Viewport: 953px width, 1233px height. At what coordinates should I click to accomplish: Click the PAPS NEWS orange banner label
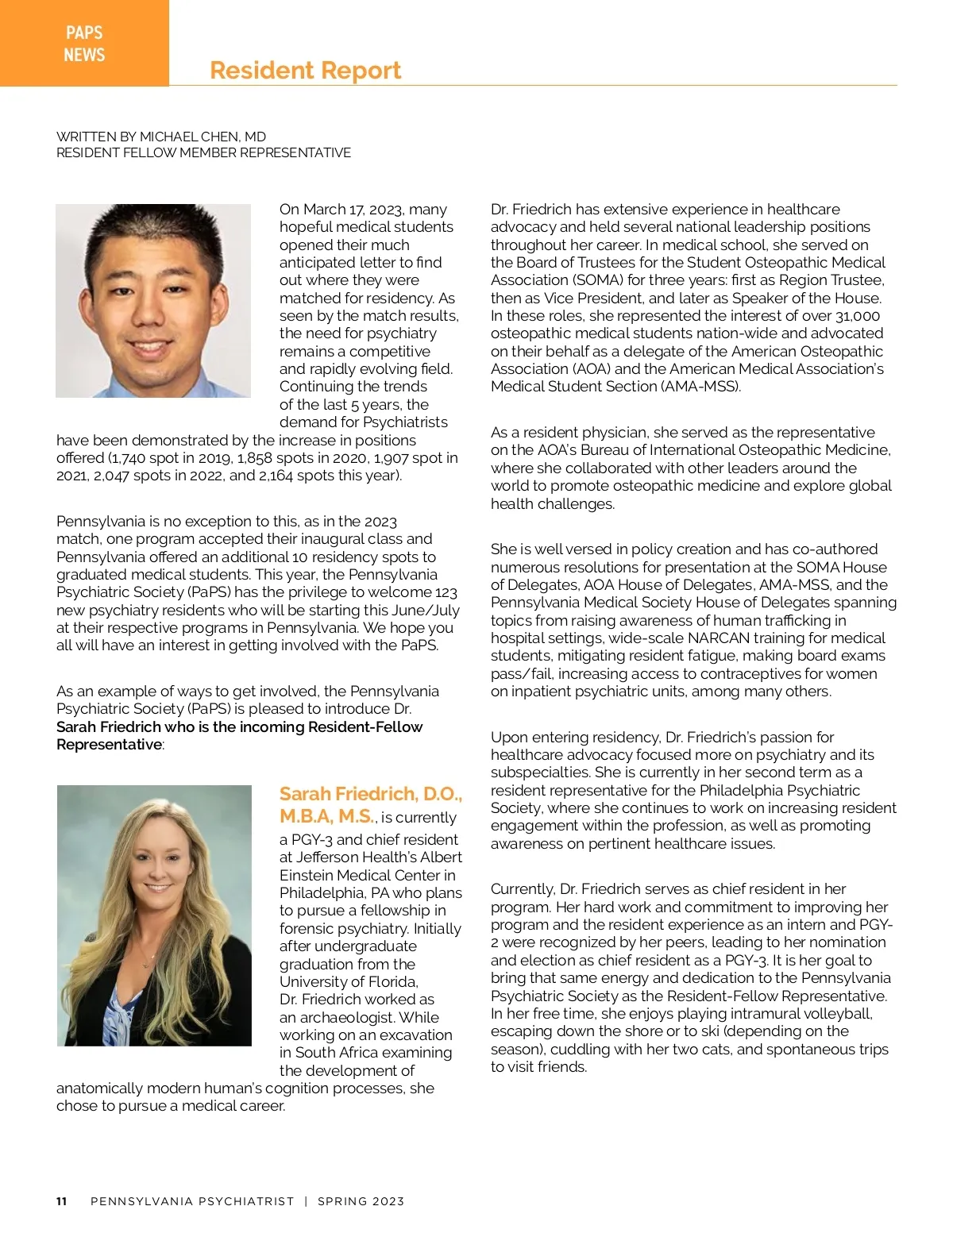84,44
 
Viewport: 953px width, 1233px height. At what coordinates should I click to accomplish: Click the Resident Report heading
305,71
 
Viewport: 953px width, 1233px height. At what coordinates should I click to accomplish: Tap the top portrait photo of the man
153,301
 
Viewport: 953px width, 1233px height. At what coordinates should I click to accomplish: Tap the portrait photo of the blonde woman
154,915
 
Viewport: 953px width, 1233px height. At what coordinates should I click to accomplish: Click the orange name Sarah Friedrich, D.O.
370,794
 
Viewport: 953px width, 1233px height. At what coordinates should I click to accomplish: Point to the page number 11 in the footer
62,1201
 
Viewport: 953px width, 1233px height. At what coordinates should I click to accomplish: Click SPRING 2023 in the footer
361,1201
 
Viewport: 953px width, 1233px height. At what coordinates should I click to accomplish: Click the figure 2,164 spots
293,476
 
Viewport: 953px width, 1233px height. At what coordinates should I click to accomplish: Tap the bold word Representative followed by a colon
109,745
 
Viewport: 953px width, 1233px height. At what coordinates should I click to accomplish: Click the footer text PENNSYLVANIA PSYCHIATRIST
192,1201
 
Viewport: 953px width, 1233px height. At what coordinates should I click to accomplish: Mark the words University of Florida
348,982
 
